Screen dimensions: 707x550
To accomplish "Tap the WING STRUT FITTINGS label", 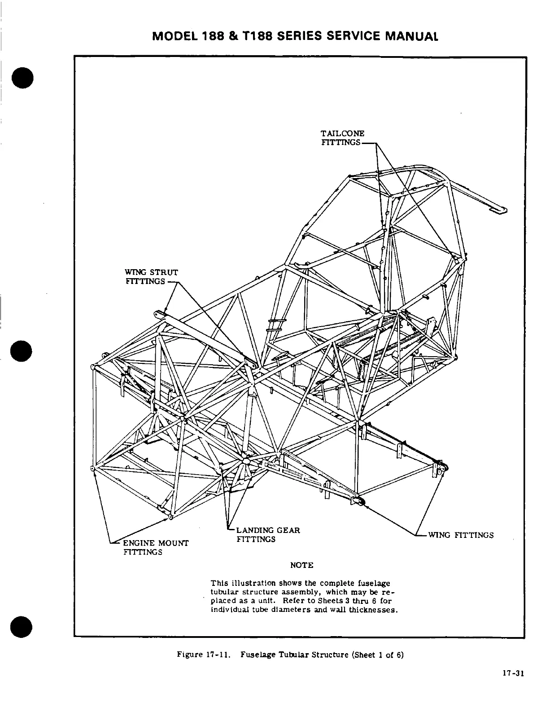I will [x=152, y=277].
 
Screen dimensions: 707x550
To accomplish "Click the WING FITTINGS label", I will [x=461, y=535].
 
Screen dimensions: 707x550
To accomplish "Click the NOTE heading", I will [x=301, y=565].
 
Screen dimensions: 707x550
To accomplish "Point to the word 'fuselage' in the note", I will [x=375, y=583].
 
